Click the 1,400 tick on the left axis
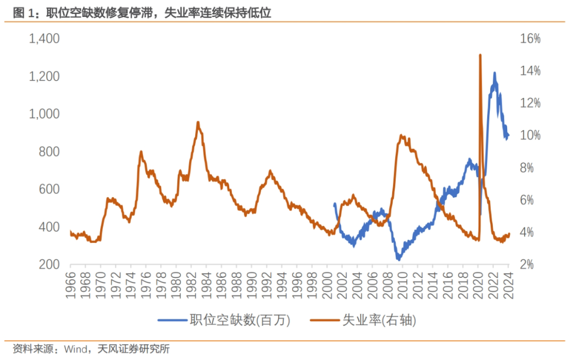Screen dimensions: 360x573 pyautogui.click(x=44, y=39)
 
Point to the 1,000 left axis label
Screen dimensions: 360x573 pyautogui.click(x=44, y=114)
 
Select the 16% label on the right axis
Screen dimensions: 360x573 pyautogui.click(x=529, y=39)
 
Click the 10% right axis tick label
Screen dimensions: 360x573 pyautogui.click(x=529, y=135)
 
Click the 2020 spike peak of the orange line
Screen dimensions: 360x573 pyautogui.click(x=480, y=55)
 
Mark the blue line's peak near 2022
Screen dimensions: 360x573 pyautogui.click(x=494, y=73)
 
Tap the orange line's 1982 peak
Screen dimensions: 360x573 pyautogui.click(x=198, y=122)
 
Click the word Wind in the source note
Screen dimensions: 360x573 pyautogui.click(x=75, y=349)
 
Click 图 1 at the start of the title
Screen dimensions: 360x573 pyautogui.click(x=23, y=13)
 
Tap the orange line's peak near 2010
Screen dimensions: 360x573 pyautogui.click(x=401, y=135)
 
